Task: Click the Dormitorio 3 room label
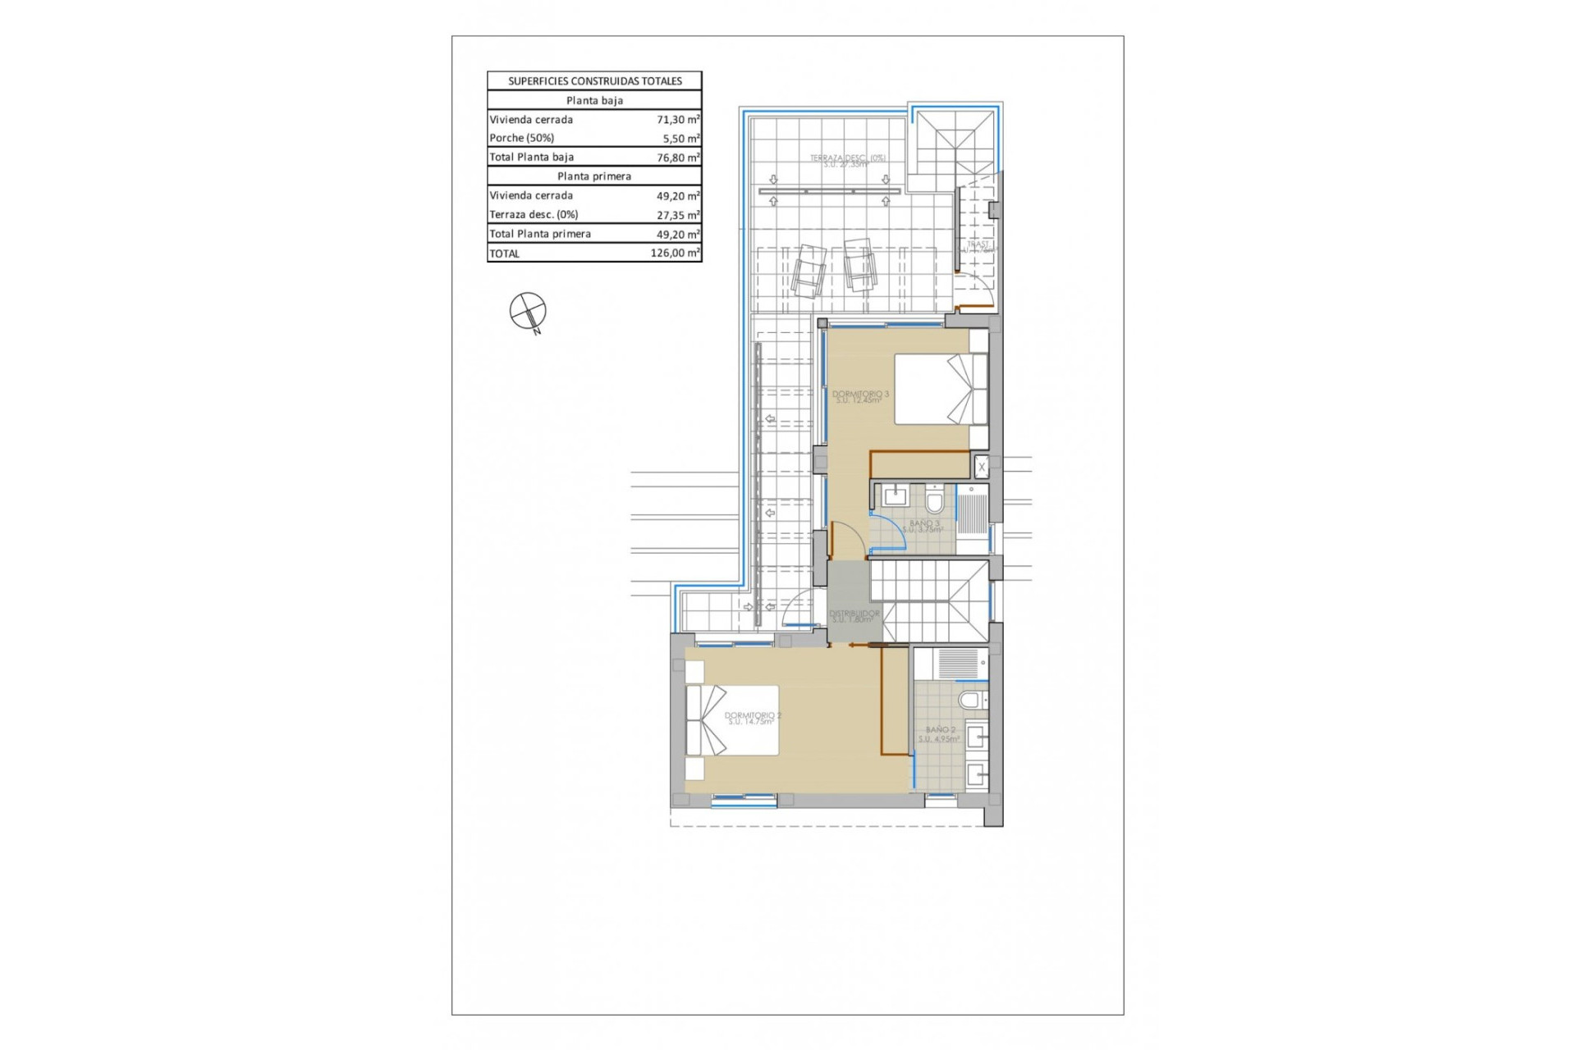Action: point(860,397)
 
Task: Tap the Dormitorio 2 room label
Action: point(752,719)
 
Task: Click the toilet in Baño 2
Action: point(972,701)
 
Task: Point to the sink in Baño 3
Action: point(894,496)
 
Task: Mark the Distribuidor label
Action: point(854,616)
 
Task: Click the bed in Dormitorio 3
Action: point(941,389)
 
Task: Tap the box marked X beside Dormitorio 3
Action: point(981,468)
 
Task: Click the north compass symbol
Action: point(527,312)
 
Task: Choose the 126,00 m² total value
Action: point(675,253)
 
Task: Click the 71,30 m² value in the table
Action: point(678,120)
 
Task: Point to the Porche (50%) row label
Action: point(522,139)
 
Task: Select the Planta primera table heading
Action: point(594,176)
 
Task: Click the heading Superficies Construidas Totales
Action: point(594,81)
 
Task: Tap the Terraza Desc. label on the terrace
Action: point(847,161)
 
